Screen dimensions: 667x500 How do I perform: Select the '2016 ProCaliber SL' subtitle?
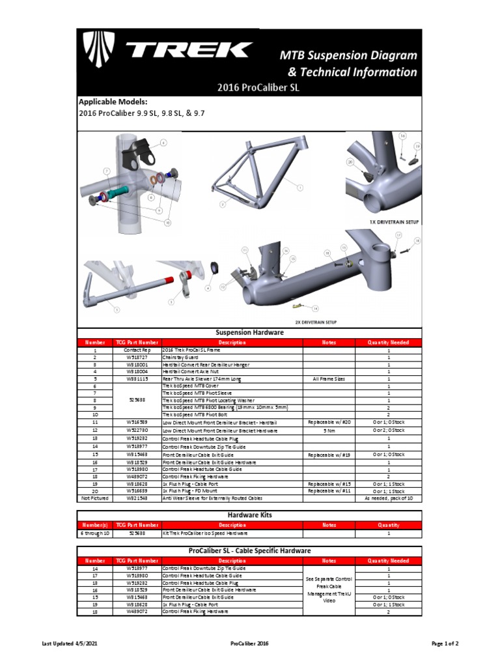point(258,89)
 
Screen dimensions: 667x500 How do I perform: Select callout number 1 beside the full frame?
point(301,188)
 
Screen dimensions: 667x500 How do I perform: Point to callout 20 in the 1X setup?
point(350,162)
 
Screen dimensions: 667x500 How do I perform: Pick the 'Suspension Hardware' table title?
point(249,332)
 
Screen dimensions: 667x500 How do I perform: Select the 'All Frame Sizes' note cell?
point(329,379)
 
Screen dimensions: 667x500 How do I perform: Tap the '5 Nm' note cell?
point(329,430)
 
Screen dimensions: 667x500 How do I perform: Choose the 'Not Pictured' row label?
point(95,498)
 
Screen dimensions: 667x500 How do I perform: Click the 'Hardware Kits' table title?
point(249,515)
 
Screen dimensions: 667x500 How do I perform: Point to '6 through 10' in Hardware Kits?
point(95,533)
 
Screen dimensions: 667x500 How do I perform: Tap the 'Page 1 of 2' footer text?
point(445,644)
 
